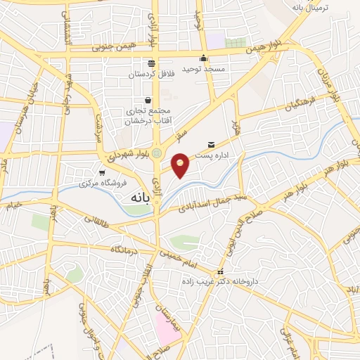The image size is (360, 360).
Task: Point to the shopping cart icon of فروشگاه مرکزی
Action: [103, 172]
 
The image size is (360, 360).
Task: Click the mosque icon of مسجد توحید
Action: [204, 58]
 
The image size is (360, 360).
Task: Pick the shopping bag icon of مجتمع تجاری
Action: [148, 100]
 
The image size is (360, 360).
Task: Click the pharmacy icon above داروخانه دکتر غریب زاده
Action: [221, 271]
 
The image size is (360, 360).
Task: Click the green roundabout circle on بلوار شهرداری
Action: [156, 153]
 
